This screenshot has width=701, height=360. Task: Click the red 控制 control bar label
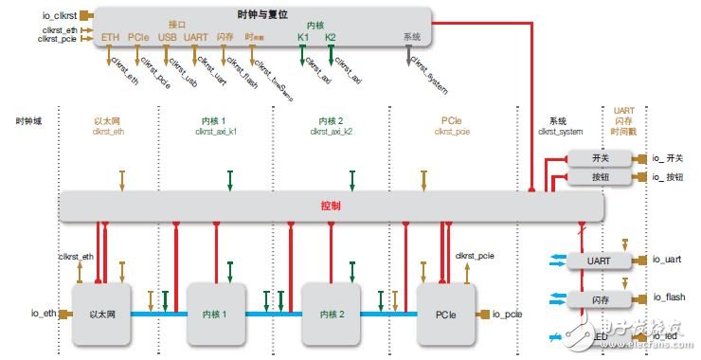(x=331, y=206)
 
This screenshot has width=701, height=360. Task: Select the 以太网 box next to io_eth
(x=100, y=314)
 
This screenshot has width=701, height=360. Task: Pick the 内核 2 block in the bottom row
(x=332, y=314)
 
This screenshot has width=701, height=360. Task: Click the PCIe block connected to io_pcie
(x=445, y=314)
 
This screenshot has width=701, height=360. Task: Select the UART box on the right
(x=599, y=259)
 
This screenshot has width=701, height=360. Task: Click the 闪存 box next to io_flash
(x=599, y=298)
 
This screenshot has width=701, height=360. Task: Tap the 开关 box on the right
(x=599, y=159)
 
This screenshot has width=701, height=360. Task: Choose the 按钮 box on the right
(x=599, y=177)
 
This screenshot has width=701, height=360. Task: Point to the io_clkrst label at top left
(x=54, y=14)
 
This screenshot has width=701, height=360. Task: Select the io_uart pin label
(x=667, y=259)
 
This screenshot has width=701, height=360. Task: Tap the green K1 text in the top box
(x=302, y=37)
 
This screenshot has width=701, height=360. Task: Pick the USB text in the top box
(x=168, y=37)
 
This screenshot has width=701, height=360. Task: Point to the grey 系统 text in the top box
(x=411, y=36)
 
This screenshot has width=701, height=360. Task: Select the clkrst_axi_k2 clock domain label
(x=332, y=132)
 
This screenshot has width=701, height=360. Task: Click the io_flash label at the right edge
(x=668, y=298)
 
